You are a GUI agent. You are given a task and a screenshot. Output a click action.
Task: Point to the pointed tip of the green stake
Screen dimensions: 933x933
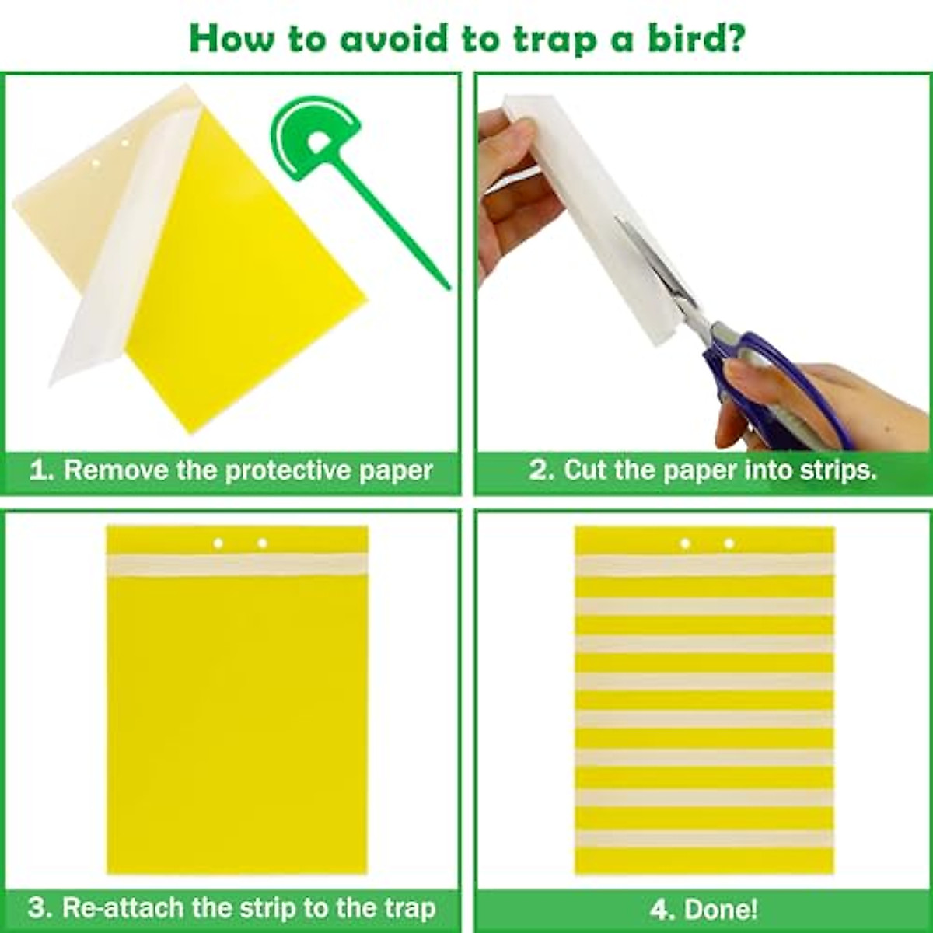447,287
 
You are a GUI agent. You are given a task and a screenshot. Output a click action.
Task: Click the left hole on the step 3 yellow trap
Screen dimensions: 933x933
218,543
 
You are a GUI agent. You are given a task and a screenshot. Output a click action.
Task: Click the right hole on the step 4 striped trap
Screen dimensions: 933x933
729,543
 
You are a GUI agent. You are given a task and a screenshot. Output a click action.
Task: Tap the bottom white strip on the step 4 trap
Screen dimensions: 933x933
704,838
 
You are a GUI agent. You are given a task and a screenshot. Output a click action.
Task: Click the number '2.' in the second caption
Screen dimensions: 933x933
542,470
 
